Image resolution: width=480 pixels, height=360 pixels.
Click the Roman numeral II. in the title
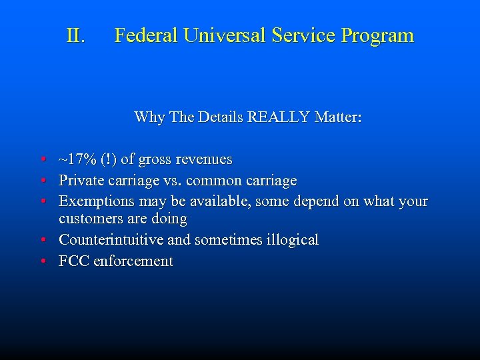pos(76,35)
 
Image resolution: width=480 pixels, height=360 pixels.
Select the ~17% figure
pos(77,159)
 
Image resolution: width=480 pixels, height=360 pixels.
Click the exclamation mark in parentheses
pos(107,159)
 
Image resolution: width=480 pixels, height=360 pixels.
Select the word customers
pos(89,219)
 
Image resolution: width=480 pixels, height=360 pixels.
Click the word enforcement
pos(133,261)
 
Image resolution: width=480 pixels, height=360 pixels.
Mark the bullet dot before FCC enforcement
pos(42,261)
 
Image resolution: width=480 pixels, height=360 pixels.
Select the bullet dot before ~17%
pos(42,160)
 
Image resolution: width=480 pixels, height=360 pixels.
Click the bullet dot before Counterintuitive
pos(42,240)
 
